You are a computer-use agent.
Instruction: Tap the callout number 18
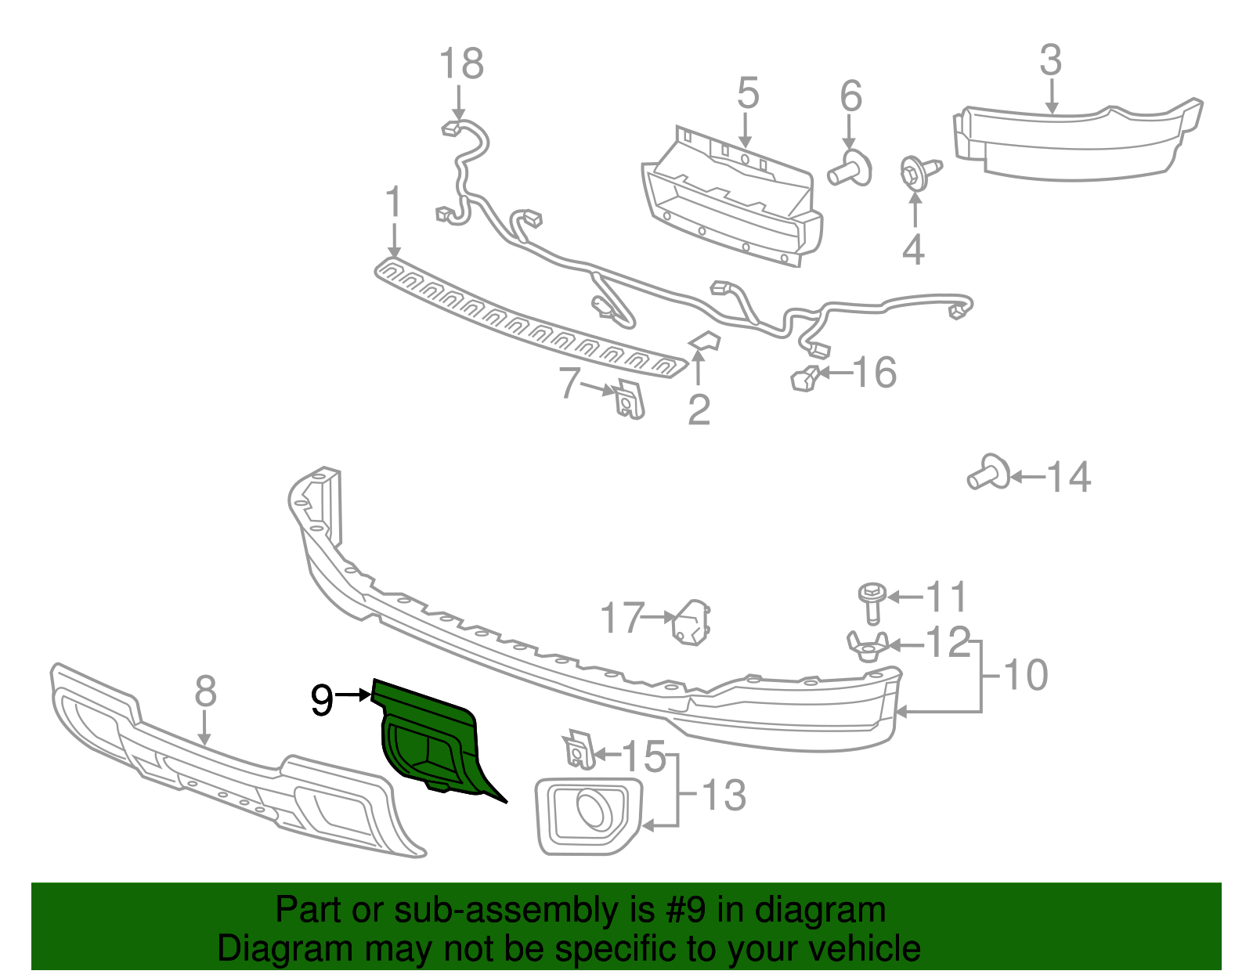click(461, 64)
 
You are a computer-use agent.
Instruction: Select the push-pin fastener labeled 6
click(850, 169)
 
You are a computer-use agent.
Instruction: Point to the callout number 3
click(1050, 61)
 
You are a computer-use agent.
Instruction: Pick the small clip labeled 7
click(629, 399)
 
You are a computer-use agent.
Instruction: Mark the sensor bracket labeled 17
click(691, 622)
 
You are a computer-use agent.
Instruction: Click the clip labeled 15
click(578, 750)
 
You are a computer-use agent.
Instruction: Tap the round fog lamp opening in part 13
click(594, 810)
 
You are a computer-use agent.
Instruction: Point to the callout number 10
click(1025, 675)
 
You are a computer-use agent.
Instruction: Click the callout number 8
click(205, 691)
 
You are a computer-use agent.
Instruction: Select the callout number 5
click(748, 93)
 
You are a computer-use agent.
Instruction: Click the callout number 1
click(393, 202)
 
